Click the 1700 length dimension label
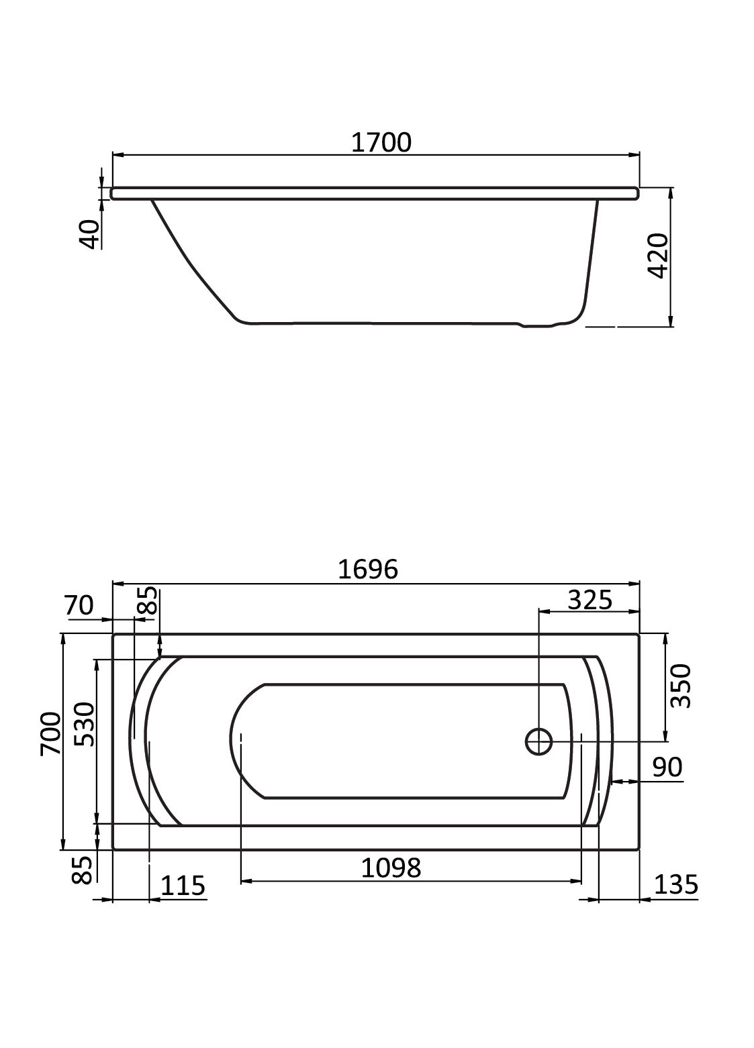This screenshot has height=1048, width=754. coord(381,142)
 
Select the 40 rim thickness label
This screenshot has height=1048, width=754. coord(90,234)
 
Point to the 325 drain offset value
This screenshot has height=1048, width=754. coord(590,600)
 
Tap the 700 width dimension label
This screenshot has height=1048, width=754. coord(50,733)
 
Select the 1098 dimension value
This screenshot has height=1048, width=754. coord(391,868)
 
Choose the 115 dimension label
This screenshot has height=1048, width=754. coord(183,885)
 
